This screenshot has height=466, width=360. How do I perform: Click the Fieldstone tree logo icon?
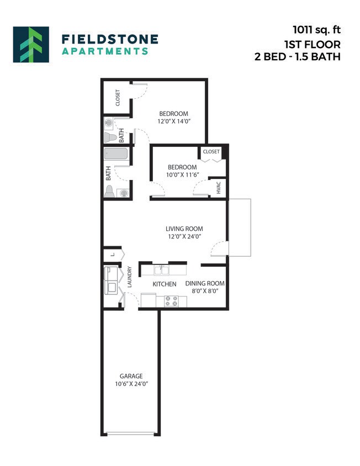coord(31,44)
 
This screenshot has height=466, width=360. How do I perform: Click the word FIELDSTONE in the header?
coord(110,39)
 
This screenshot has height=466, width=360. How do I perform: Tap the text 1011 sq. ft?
coord(316,30)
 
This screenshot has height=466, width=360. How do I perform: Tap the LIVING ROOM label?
coord(184,229)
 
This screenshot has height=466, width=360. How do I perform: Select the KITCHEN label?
coord(165,284)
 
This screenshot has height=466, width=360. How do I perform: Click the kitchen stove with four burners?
coord(171,301)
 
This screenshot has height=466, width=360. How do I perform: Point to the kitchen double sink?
coord(162,270)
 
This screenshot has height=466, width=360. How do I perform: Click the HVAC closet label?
coord(219,187)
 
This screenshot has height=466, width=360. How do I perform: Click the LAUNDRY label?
coord(130,277)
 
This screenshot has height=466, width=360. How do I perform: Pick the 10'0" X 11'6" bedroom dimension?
coord(182,175)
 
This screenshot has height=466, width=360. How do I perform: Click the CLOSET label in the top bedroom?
coord(118,98)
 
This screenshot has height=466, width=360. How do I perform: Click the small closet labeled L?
coord(112,255)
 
